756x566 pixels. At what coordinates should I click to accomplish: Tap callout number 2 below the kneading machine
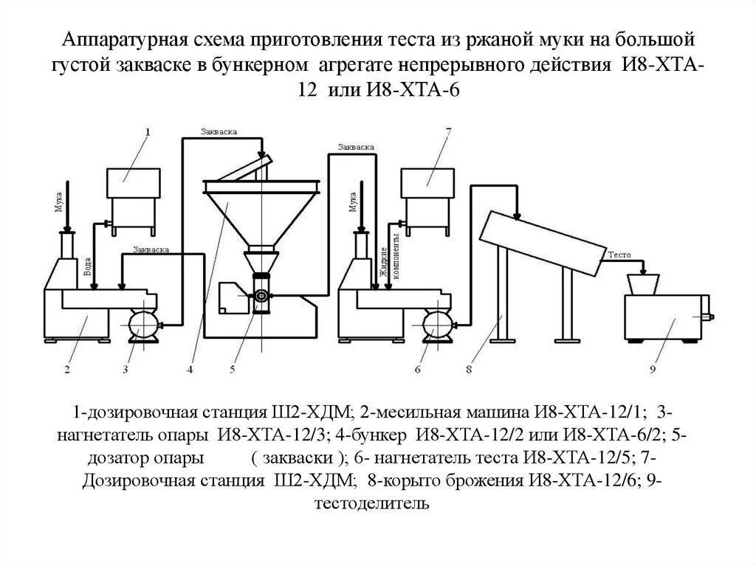click(x=66, y=368)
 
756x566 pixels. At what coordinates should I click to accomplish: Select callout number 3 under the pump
click(x=126, y=368)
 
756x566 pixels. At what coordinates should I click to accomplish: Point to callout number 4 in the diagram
click(x=190, y=368)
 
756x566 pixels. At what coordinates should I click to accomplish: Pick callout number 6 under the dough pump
click(x=417, y=368)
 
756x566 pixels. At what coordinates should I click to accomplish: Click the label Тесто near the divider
click(x=618, y=255)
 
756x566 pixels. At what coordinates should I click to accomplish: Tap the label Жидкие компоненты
click(x=389, y=255)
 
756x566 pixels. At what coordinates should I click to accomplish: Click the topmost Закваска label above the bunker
click(x=219, y=131)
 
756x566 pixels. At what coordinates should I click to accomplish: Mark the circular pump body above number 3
click(x=140, y=322)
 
